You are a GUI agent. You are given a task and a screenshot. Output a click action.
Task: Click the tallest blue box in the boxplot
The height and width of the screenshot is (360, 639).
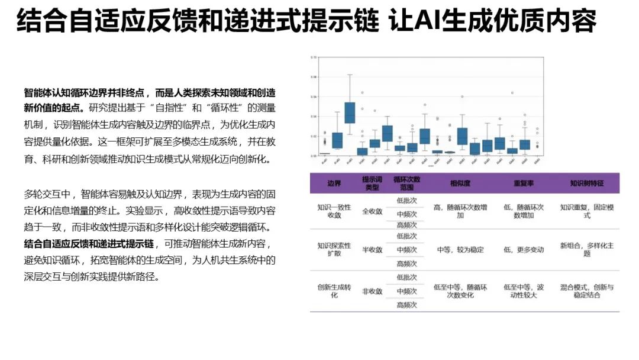coord(350,112)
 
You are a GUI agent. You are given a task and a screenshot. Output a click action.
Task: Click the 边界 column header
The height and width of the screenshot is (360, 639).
coord(334,184)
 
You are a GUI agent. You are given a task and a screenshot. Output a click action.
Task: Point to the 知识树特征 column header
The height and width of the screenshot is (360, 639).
coord(586,184)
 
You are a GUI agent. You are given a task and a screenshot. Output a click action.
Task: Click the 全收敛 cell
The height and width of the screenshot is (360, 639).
coord(372,211)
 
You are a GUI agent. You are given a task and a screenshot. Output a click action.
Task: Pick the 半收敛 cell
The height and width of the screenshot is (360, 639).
coord(372,250)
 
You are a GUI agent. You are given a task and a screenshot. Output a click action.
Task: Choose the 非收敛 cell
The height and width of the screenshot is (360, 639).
coord(372,291)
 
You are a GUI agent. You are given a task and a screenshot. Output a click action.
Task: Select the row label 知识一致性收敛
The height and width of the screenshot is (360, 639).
coord(334,211)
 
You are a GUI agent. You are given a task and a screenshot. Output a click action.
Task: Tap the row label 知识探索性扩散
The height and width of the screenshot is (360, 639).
coord(334,250)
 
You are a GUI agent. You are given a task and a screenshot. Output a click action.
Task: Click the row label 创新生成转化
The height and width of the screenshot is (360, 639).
coord(334,291)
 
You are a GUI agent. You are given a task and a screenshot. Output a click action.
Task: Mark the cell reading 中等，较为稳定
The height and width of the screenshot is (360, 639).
coord(460,250)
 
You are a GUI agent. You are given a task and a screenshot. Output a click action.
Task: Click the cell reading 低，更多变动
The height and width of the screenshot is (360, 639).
coord(524,250)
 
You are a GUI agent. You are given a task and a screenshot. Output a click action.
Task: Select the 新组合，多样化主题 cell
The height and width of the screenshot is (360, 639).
coord(586,250)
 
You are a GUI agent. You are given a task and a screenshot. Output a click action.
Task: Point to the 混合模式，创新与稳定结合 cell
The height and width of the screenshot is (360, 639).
coord(586,291)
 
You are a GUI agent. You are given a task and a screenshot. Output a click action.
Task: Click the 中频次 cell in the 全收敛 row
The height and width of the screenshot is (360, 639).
coord(407,214)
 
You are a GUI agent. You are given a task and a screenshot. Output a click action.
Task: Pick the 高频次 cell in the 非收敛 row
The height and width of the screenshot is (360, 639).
coord(407,305)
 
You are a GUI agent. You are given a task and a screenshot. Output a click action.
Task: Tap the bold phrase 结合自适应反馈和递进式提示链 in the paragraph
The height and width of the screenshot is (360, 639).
coord(89,243)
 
